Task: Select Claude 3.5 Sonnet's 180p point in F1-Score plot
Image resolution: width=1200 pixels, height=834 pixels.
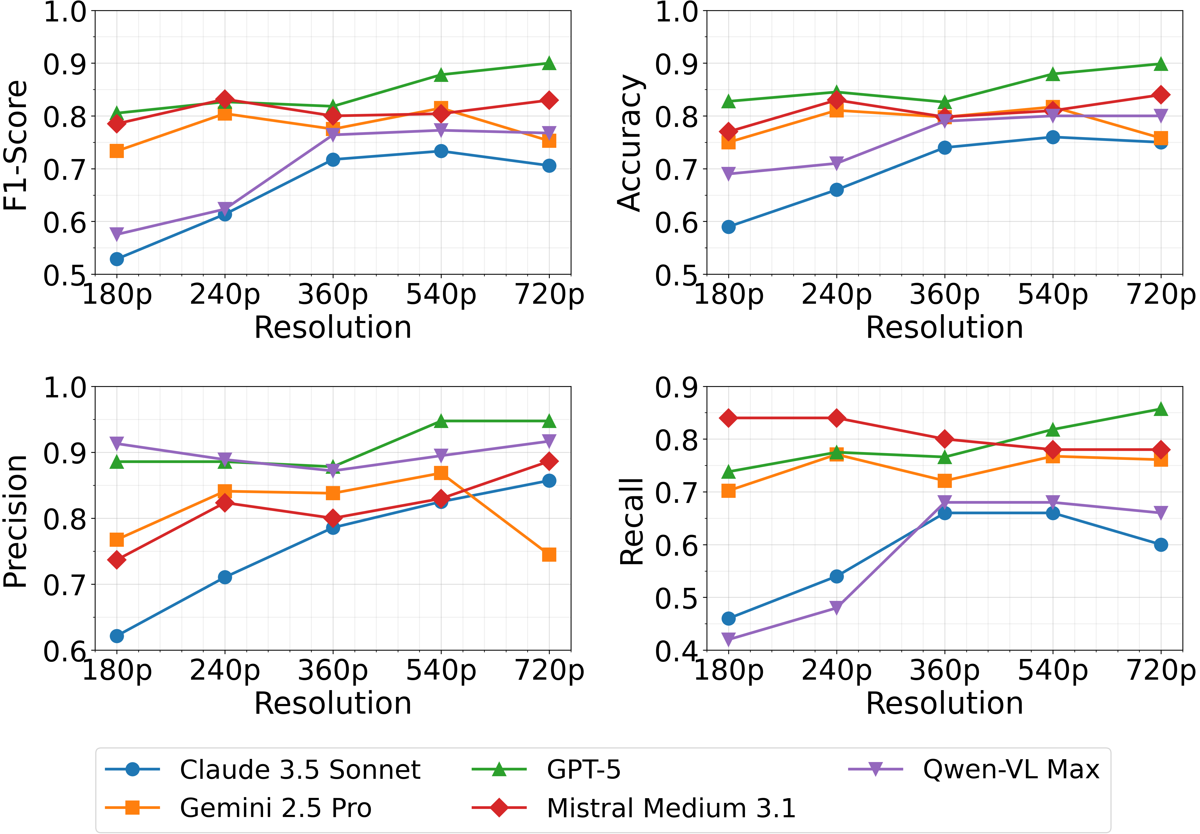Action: [116, 259]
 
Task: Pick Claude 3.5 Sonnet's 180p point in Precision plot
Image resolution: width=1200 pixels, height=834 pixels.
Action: [116, 635]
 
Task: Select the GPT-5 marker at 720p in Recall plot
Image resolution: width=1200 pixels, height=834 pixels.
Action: [1161, 409]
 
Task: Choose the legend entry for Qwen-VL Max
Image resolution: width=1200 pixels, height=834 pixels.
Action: [1011, 769]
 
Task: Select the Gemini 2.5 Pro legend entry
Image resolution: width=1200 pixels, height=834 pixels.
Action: [275, 808]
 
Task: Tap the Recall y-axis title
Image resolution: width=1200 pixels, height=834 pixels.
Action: [631, 521]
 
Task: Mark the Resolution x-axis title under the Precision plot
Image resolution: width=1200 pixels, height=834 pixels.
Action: [333, 703]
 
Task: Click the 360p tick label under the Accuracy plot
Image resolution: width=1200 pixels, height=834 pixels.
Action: [945, 295]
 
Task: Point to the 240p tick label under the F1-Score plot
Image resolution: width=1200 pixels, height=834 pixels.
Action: [225, 295]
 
